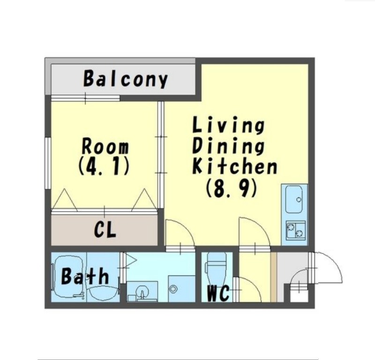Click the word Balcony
126,78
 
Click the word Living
229,124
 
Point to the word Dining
229,145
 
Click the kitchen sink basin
294,199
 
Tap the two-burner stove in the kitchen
296,230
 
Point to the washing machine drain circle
172,289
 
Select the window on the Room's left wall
48,163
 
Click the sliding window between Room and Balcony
85,98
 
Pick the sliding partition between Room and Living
161,155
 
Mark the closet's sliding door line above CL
104,211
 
